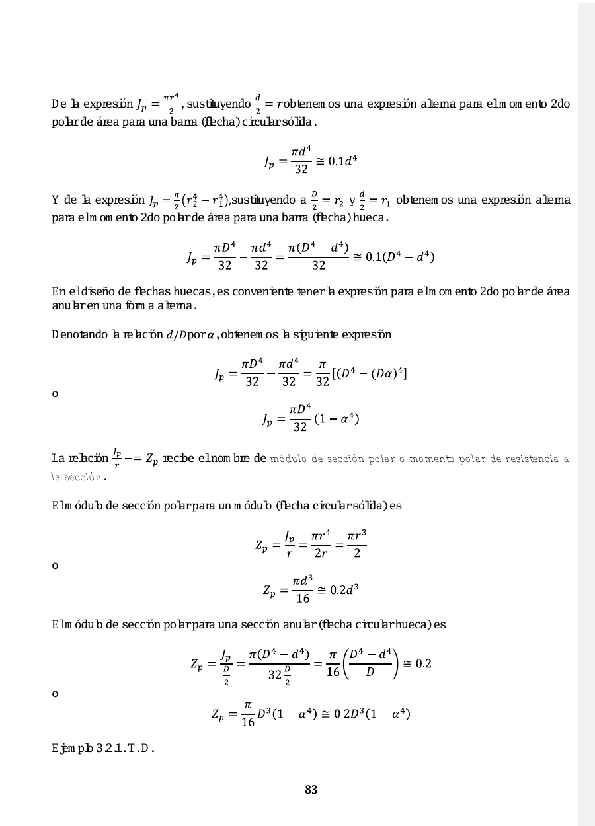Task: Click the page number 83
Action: (311, 790)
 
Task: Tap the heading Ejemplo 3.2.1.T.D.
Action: (103, 749)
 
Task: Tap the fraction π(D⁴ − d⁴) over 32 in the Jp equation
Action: (319, 256)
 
